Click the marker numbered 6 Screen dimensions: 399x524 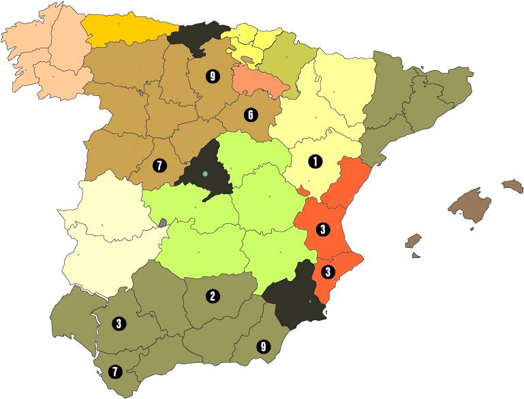coord(250,114)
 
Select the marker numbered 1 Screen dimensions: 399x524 coord(315,161)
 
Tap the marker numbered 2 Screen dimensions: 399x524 coord(213,296)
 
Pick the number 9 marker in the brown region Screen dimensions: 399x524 coord(212,76)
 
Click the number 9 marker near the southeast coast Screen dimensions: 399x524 coord(263,346)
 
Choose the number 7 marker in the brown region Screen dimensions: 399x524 coord(159,165)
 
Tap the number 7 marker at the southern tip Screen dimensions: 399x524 coord(114,371)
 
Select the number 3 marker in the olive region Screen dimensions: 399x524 coord(119,323)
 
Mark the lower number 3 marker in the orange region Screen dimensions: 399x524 coord(328,271)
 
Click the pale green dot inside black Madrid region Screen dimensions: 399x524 coord(204,174)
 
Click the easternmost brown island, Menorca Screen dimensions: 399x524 coord(512,185)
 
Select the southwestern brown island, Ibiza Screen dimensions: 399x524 coord(413,241)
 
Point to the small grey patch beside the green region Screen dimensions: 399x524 coord(162,222)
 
